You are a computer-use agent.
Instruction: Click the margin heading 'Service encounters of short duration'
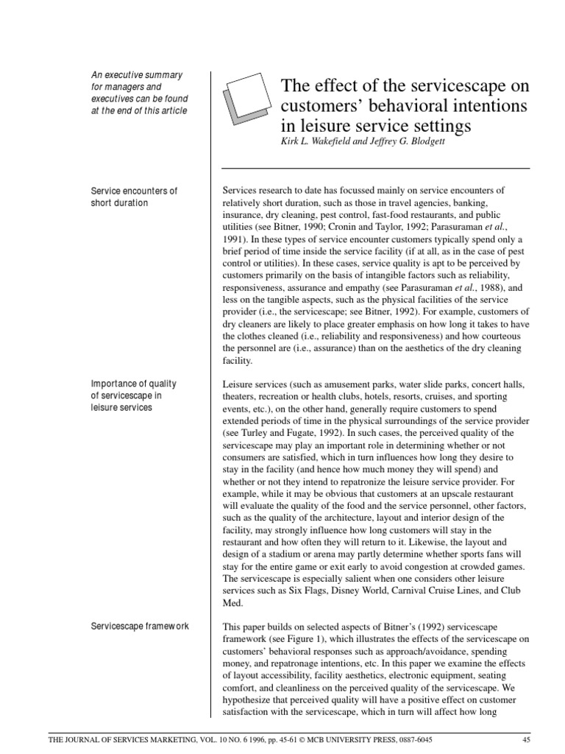pos(133,197)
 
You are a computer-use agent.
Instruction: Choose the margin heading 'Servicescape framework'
pos(140,626)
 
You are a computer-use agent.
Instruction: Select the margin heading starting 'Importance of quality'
pos(133,395)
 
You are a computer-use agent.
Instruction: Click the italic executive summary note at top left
pos(139,93)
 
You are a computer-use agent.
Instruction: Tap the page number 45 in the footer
pos(525,740)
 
